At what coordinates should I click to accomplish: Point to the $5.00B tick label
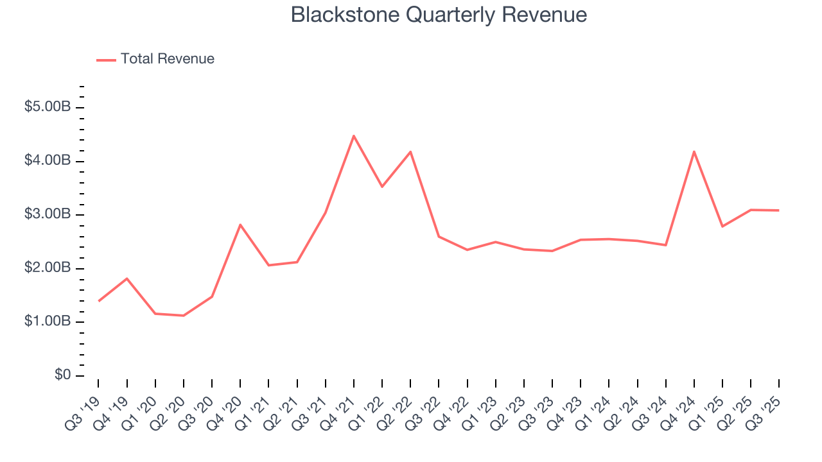[x=48, y=107]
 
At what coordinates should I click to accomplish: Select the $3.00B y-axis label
[x=48, y=214]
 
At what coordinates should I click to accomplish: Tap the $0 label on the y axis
[x=62, y=375]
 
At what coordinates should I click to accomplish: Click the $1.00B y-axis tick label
[x=48, y=321]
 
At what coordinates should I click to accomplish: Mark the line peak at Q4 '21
[x=354, y=136]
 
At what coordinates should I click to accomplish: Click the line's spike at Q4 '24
[x=694, y=151]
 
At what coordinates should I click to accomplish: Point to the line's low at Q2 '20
[x=184, y=316]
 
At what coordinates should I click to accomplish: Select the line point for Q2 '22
[x=410, y=152]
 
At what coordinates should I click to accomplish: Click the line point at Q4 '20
[x=240, y=225]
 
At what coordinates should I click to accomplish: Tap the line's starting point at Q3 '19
[x=99, y=301]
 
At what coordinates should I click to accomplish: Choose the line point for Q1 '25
[x=722, y=227]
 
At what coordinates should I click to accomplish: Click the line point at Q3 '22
[x=439, y=237]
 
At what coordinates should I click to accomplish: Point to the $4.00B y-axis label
[x=48, y=160]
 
